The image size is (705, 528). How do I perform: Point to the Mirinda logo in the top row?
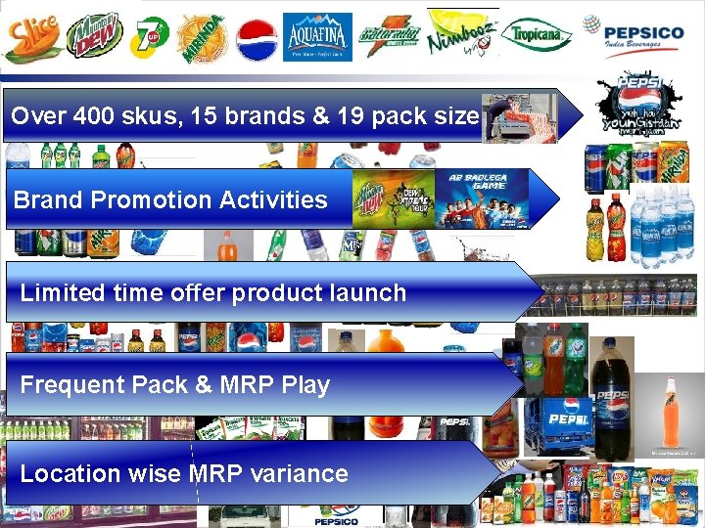(x=203, y=37)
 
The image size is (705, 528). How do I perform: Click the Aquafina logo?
(x=317, y=37)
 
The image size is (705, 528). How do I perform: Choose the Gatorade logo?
(x=389, y=37)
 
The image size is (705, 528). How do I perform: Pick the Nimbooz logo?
(x=462, y=37)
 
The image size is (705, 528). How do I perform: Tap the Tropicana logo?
(x=538, y=36)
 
